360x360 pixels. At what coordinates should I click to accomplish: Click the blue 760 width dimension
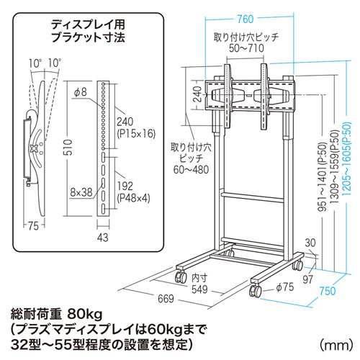tap(246, 19)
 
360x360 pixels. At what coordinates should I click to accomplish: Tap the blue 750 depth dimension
tap(328, 291)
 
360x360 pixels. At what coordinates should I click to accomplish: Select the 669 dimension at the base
tap(166, 299)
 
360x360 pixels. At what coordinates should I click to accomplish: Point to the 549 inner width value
tap(199, 289)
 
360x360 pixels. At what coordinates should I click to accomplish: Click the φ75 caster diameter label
tap(285, 287)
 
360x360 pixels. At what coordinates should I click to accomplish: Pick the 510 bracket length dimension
tap(69, 148)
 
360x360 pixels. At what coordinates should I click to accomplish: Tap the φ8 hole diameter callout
tap(81, 92)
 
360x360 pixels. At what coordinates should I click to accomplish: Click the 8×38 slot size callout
tap(81, 192)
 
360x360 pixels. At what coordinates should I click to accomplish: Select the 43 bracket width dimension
tap(103, 238)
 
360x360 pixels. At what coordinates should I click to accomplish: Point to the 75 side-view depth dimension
tap(33, 225)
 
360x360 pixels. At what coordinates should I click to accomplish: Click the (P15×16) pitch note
tap(136, 134)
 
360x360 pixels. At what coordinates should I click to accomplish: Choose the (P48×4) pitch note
tap(133, 199)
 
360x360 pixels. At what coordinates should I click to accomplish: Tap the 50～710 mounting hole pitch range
tap(246, 48)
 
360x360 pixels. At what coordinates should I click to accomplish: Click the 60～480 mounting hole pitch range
tap(191, 170)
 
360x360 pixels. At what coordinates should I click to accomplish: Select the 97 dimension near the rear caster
tap(308, 279)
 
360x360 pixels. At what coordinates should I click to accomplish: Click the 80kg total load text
tap(85, 315)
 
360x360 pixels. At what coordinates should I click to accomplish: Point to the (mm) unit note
tap(336, 345)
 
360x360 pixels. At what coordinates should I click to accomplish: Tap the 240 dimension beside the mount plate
tap(198, 94)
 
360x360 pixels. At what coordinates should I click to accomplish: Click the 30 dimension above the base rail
tap(310, 243)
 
